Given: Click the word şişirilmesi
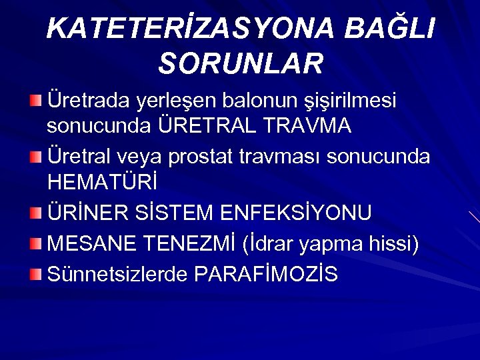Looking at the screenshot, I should tap(353, 101).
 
